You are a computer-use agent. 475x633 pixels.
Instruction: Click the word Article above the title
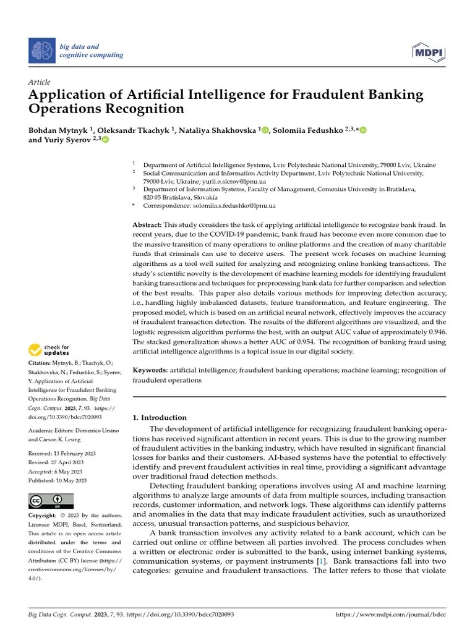40,82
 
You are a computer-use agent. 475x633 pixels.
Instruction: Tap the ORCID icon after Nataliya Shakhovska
266,130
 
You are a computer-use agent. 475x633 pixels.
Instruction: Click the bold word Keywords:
150,370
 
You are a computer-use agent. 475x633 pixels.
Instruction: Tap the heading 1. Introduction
160,417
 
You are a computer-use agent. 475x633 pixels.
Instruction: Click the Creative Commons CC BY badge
51,501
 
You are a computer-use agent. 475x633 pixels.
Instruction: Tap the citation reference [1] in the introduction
321,561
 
